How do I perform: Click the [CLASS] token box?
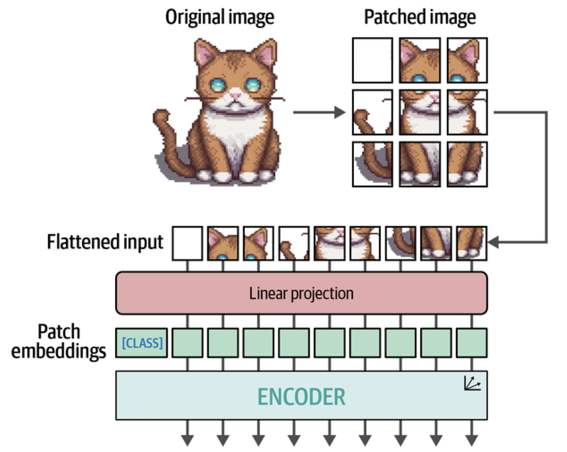pyautogui.click(x=142, y=343)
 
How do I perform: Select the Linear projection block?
pyautogui.click(x=301, y=293)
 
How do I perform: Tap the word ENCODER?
pyautogui.click(x=301, y=397)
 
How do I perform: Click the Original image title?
pyautogui.click(x=220, y=17)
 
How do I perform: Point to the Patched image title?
pyautogui.click(x=420, y=17)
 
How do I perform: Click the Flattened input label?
pyautogui.click(x=105, y=242)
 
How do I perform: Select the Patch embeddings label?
pyautogui.click(x=58, y=341)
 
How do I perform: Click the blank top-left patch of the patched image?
pyautogui.click(x=372, y=60)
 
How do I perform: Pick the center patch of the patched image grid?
pyautogui.click(x=420, y=112)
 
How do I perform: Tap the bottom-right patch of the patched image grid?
pyautogui.click(x=467, y=164)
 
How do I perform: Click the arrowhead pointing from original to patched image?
pyautogui.click(x=340, y=112)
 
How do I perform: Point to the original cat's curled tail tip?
pyautogui.click(x=161, y=116)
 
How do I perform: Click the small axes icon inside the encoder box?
pyautogui.click(x=472, y=383)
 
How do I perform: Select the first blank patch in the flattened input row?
pyautogui.click(x=187, y=243)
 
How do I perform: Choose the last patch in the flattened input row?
pyautogui.click(x=472, y=243)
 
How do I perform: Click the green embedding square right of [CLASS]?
pyautogui.click(x=187, y=343)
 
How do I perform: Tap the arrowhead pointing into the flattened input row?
pyautogui.click(x=493, y=242)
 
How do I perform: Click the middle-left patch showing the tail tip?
pyautogui.click(x=372, y=112)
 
